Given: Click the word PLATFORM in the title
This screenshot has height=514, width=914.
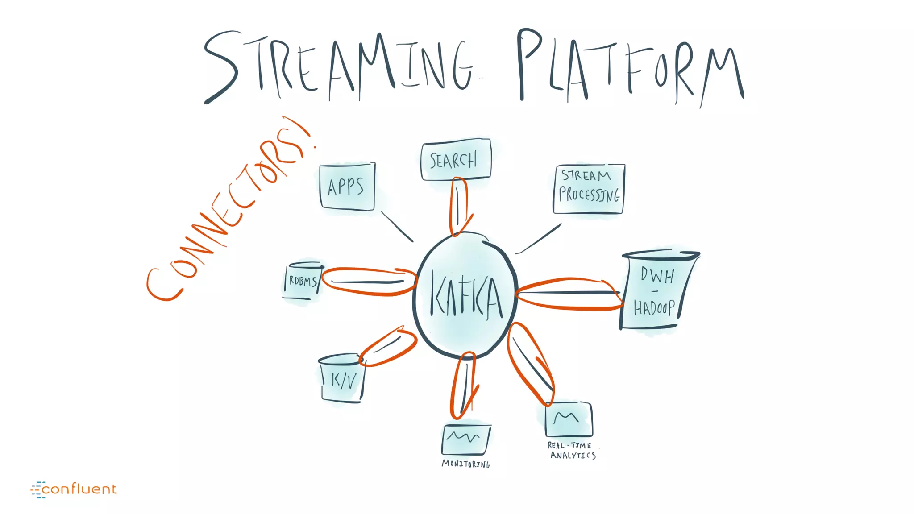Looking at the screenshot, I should pos(629,67).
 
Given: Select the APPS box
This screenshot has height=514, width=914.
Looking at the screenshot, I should pos(347,187).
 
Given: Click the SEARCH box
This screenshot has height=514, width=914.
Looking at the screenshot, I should pos(455,160).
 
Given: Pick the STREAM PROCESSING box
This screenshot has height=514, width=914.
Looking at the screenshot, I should pos(589,189).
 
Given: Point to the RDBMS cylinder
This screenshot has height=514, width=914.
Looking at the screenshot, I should pos(303,281).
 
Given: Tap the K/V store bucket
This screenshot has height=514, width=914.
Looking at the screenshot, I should pos(342,379).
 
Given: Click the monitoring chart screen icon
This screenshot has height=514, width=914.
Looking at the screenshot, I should pos(466,439).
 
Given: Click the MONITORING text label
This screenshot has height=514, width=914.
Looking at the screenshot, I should pos(465,464).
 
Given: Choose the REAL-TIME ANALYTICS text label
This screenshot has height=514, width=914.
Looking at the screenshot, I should pos(572,451).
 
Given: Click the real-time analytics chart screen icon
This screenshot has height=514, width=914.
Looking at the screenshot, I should pos(569,419).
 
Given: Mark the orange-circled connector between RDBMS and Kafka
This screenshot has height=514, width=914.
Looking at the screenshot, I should pos(368,282).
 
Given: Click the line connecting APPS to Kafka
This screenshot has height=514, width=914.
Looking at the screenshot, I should pos(397,226).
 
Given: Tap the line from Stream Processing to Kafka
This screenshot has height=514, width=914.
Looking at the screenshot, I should pos(539,238).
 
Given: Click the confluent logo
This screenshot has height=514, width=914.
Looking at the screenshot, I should pos(74,489).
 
